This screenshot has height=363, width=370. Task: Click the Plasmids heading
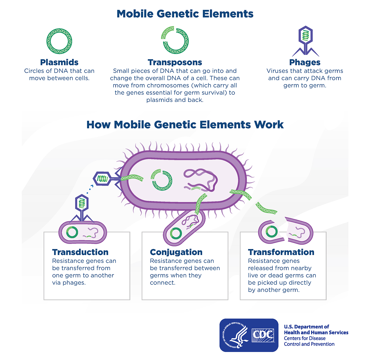(x=59, y=62)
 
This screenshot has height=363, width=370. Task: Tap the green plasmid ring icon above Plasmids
(x=59, y=41)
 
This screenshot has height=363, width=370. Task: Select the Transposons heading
(x=175, y=62)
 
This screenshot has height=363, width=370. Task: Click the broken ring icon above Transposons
(x=175, y=40)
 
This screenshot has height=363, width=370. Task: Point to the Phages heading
(x=305, y=62)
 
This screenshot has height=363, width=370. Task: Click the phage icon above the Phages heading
(x=306, y=41)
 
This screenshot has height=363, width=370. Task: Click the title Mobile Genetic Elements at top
(x=185, y=14)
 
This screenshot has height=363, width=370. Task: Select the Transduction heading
(x=80, y=252)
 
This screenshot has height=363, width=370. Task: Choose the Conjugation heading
(x=176, y=252)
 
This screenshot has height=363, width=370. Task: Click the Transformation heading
(x=281, y=252)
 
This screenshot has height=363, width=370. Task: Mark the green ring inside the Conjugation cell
(x=176, y=233)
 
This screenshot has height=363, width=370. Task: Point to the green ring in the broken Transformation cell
(x=272, y=231)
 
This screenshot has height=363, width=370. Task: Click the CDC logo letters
(x=263, y=335)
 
